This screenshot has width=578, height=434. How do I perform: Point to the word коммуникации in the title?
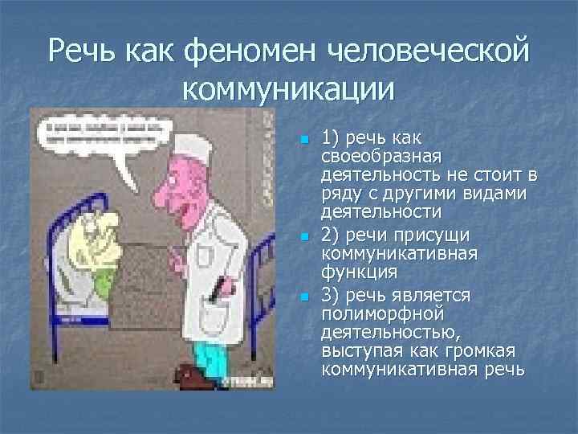(289, 88)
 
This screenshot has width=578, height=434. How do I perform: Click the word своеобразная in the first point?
(374, 156)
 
